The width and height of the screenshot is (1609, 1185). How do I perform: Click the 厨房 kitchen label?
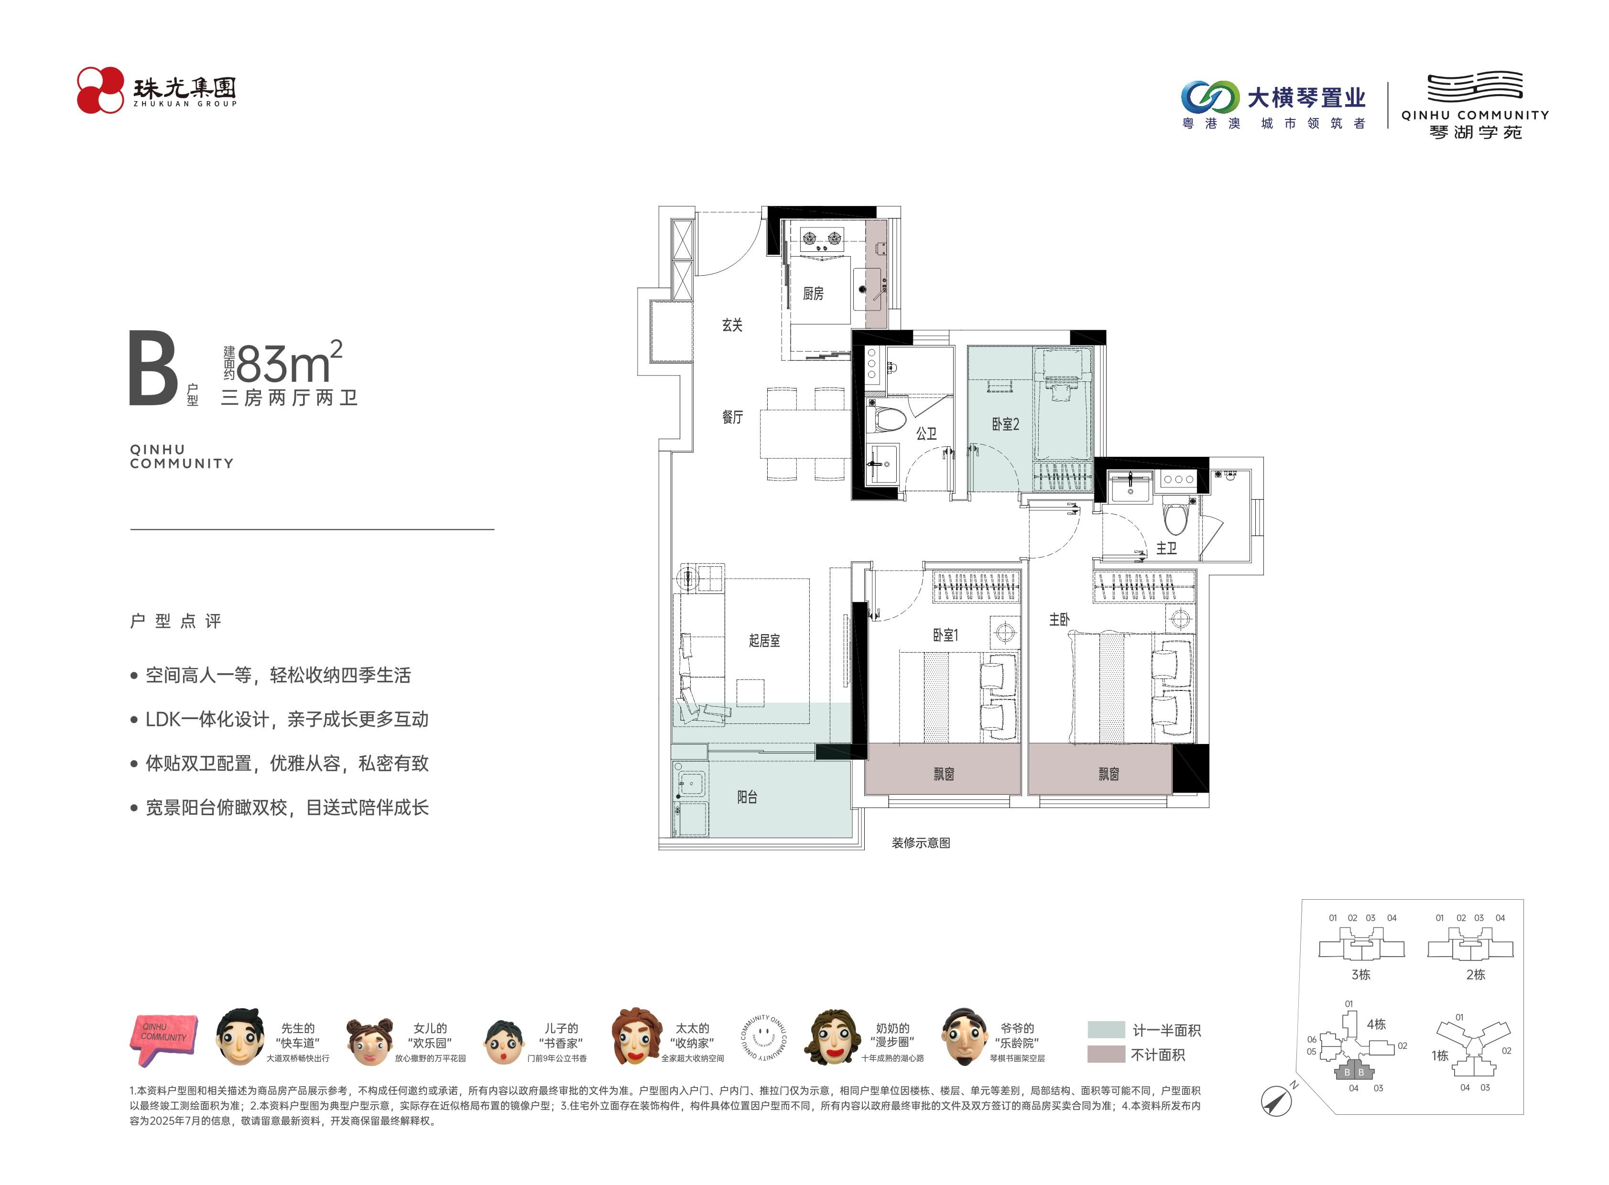[x=813, y=293]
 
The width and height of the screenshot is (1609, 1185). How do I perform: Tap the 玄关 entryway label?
[x=732, y=325]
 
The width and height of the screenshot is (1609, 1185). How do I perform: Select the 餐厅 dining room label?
[x=732, y=417]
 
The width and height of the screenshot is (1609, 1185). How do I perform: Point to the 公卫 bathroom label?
[x=926, y=433]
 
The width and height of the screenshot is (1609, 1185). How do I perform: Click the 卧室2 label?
[x=1005, y=424]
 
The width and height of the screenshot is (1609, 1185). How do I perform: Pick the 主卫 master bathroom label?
[x=1166, y=548]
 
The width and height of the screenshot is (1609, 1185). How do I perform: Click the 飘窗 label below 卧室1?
[x=943, y=774]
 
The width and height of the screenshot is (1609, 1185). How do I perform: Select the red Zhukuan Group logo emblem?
[x=100, y=90]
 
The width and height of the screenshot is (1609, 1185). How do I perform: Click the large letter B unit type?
[x=153, y=368]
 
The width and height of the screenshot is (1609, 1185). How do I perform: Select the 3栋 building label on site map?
[x=1361, y=975]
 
